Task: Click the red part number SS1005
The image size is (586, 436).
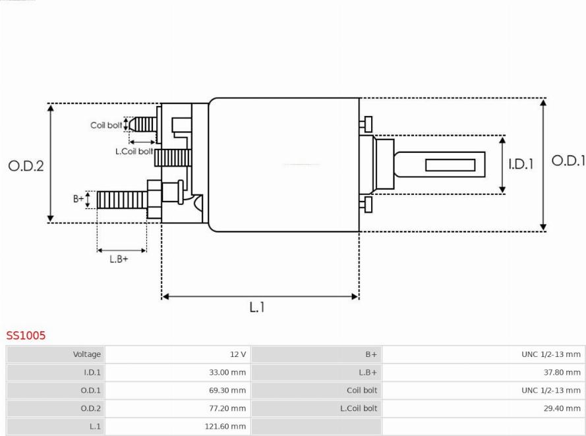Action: coord(26,335)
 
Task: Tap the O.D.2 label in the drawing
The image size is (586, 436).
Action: coord(26,166)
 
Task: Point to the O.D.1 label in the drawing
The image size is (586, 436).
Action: coord(568,161)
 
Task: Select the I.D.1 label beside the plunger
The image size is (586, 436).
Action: coord(521,164)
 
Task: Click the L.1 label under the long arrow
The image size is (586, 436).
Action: coord(257,307)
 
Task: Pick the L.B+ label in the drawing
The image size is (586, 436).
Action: coord(119,259)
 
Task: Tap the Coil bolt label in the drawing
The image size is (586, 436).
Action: coord(106,125)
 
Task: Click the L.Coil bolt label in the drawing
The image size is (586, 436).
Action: coord(134,151)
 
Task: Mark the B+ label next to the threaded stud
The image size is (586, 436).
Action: coord(78,199)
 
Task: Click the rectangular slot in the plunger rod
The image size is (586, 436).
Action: coord(450,165)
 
